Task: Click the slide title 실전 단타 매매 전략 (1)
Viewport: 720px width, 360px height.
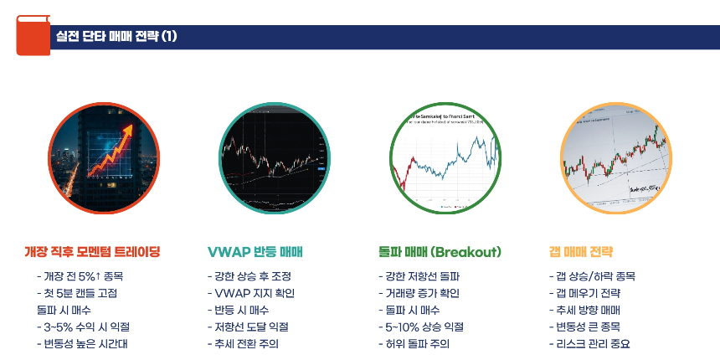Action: pos(116,36)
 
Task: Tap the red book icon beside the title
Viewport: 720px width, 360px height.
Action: pos(32,35)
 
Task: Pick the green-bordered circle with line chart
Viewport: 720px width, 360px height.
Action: pos(445,158)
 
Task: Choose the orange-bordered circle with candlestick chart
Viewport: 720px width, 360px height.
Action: pos(615,158)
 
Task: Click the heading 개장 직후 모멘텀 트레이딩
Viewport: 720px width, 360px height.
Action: pos(92,251)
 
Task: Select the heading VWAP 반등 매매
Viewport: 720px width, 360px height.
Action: pos(255,251)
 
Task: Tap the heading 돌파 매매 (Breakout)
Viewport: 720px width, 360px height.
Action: pos(440,251)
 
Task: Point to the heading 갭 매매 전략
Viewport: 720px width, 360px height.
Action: pos(581,251)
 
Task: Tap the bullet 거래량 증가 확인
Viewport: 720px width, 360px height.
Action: pos(419,293)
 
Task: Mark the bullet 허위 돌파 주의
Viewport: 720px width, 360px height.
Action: pos(414,343)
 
